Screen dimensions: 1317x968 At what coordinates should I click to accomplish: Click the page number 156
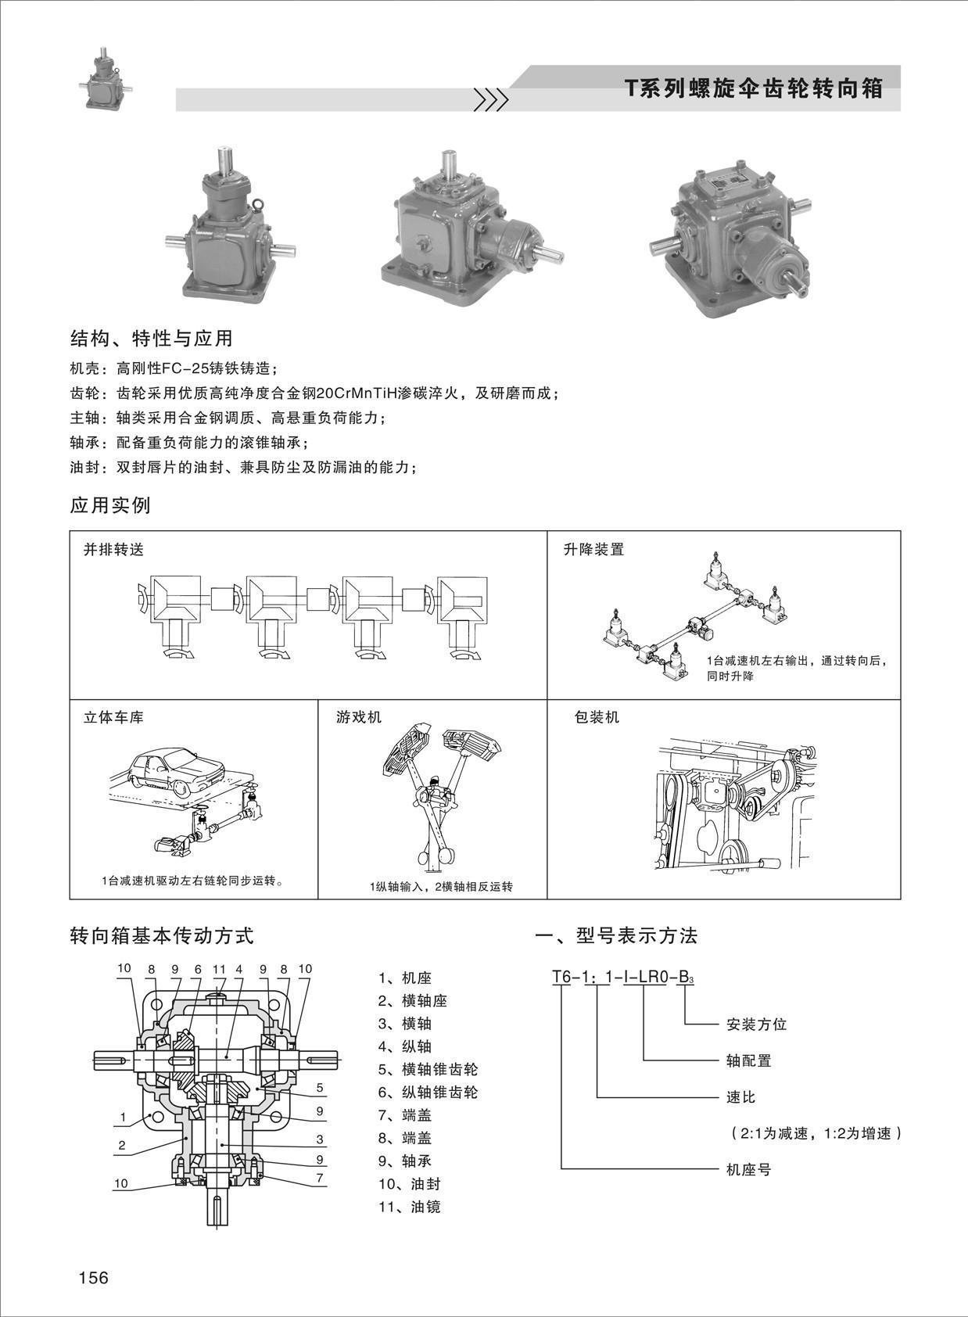tap(93, 1277)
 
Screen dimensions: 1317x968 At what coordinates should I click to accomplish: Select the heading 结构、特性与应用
tap(152, 339)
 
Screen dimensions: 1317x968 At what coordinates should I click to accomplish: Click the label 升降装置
tap(593, 550)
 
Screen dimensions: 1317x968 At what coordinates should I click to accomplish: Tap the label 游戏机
tap(358, 717)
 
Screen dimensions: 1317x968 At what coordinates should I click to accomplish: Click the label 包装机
tap(597, 717)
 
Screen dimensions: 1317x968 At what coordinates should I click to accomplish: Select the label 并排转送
tap(113, 550)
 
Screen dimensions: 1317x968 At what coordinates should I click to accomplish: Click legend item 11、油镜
tap(409, 1207)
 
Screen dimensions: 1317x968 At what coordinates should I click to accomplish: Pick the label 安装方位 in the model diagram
tap(756, 1025)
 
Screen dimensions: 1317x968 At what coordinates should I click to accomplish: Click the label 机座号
tap(748, 1169)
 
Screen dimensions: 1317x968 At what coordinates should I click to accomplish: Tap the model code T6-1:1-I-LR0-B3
tap(622, 977)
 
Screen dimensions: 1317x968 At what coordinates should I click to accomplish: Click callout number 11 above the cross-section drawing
tap(219, 969)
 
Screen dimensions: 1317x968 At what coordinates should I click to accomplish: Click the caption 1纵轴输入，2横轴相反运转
tap(441, 887)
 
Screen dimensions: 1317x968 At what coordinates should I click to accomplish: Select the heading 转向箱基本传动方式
tap(162, 935)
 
